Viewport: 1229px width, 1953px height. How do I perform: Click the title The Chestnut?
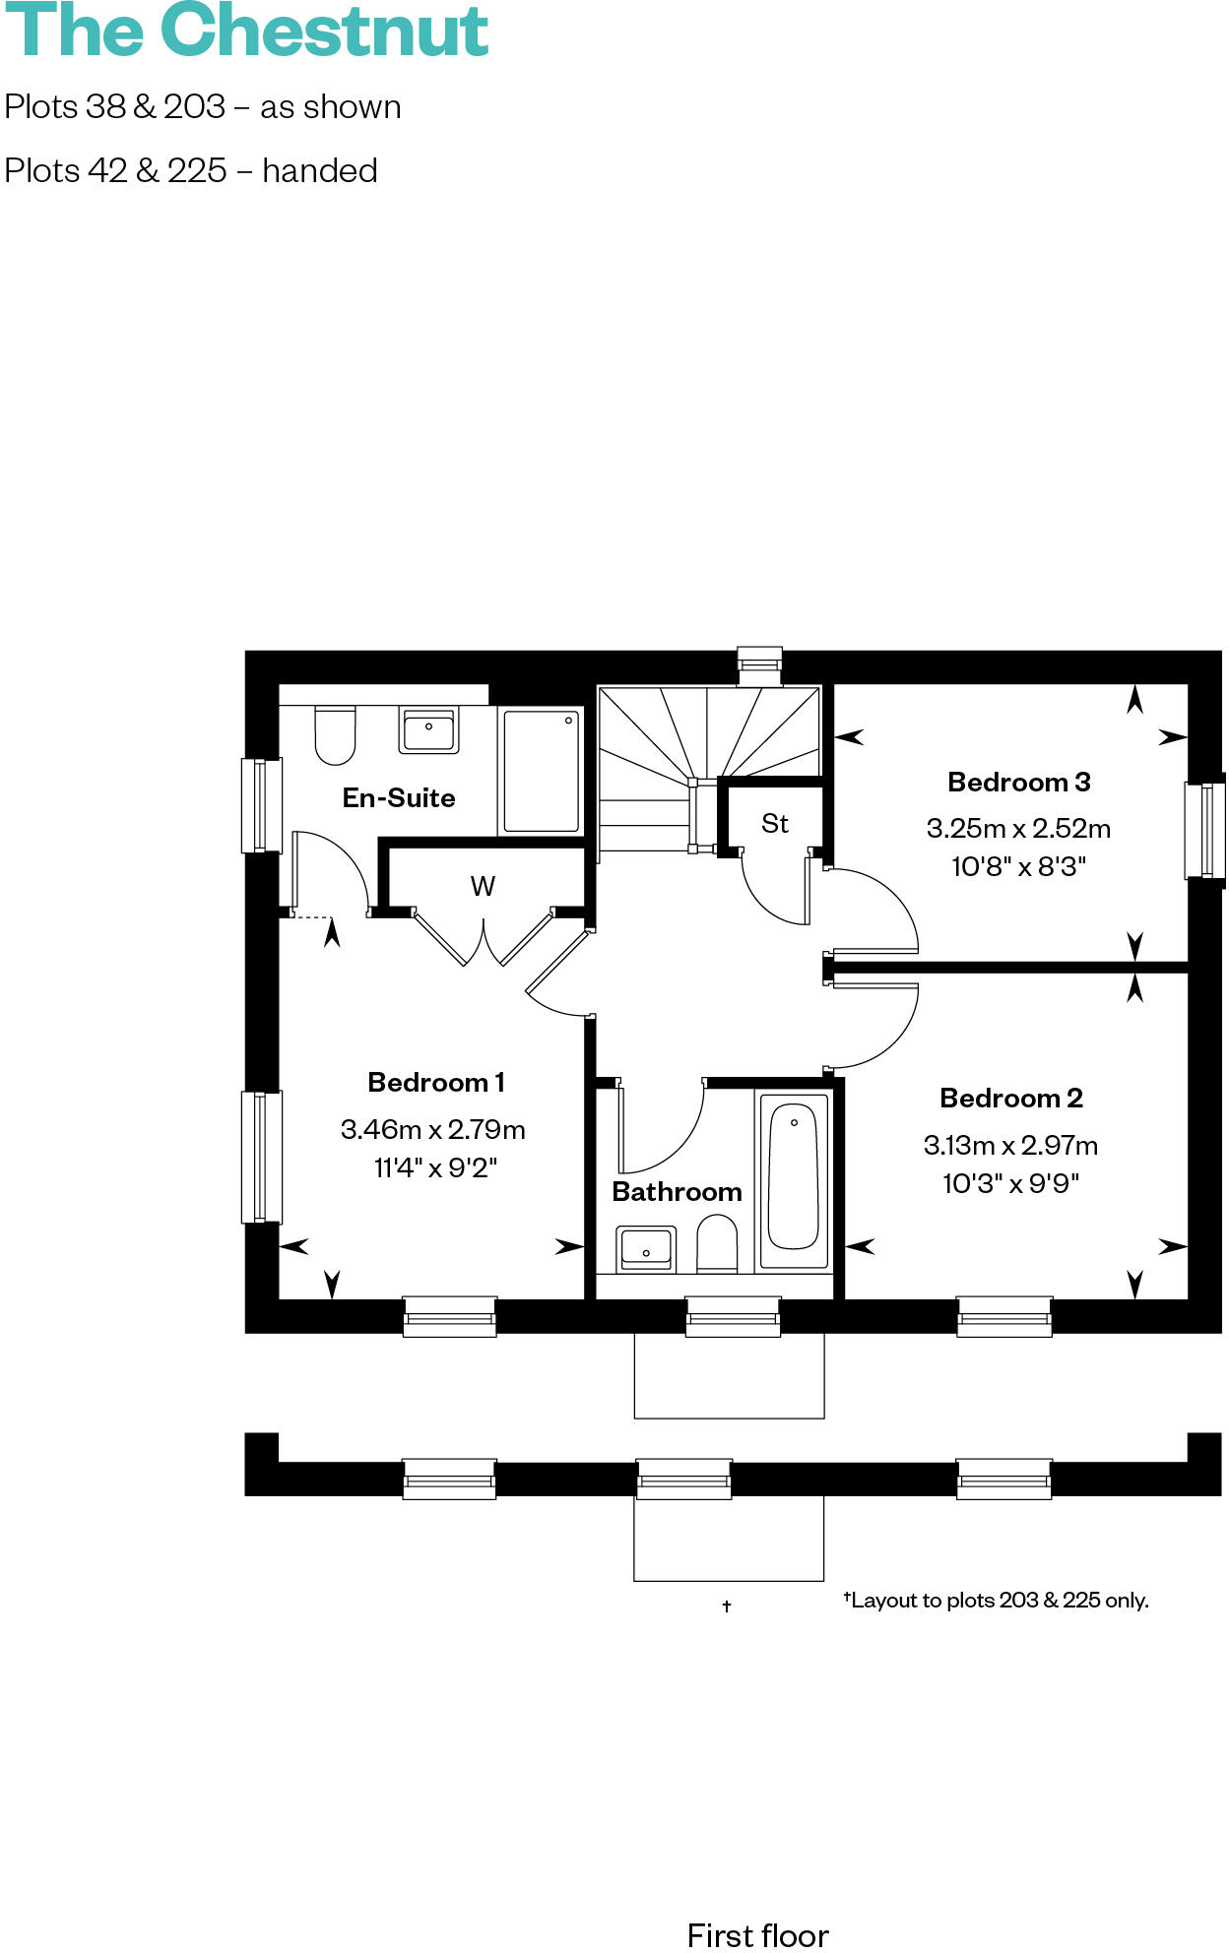point(246,31)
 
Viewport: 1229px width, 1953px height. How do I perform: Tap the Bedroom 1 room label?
point(435,1083)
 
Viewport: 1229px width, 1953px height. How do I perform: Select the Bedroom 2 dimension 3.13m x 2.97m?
point(1010,1145)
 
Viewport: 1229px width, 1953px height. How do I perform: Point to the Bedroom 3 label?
point(1018,783)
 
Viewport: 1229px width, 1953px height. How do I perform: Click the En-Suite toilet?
point(335,734)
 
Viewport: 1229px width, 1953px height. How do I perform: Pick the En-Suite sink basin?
point(428,731)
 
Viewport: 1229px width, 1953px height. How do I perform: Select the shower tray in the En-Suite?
point(541,771)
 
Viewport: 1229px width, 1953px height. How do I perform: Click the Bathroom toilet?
point(717,1244)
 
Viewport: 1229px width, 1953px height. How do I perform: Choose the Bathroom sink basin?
point(646,1248)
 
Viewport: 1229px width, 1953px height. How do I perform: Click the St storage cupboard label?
point(775,824)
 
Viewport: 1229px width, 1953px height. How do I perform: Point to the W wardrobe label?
point(483,887)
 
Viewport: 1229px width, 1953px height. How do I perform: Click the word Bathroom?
point(677,1192)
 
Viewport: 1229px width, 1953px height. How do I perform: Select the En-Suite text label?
point(399,798)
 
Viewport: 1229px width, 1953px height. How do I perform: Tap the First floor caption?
point(757,1935)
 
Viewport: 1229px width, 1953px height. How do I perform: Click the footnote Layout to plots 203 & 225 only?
point(997,1601)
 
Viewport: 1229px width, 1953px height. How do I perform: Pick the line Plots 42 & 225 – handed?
point(191,171)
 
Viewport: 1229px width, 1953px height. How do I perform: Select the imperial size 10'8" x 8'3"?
point(1018,867)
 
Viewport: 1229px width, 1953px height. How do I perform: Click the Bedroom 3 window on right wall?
point(1205,830)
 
